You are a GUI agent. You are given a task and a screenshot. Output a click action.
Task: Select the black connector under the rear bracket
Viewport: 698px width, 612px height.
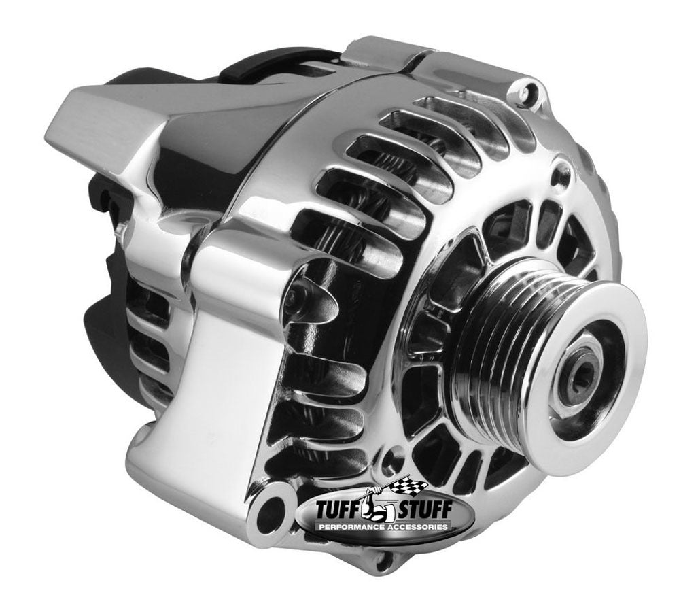[95, 204]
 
